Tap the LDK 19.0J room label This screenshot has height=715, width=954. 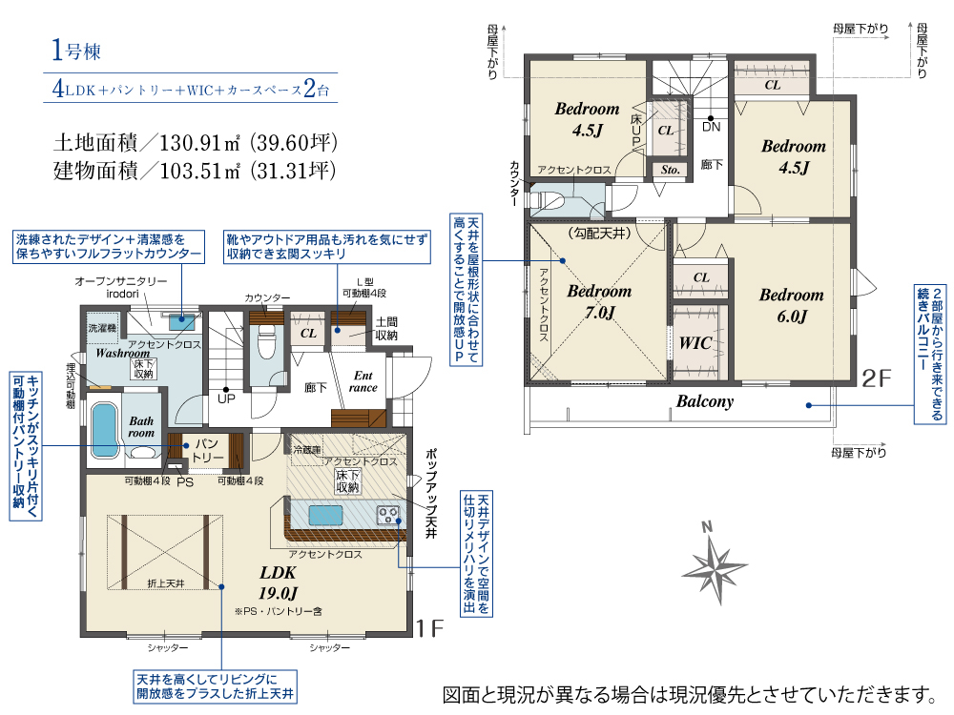[278, 582]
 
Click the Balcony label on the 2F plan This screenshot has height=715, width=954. [705, 401]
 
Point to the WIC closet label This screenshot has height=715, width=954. [695, 343]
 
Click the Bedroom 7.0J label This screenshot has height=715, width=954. [599, 301]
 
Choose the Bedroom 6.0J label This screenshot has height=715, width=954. [792, 305]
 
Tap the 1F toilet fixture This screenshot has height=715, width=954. [266, 342]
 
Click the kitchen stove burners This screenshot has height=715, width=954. [388, 516]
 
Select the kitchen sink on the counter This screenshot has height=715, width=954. [325, 515]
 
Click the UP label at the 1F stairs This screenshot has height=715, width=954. [226, 398]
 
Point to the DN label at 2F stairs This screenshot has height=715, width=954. [712, 127]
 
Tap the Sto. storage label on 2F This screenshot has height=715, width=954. [671, 170]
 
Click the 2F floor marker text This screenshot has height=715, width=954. [876, 378]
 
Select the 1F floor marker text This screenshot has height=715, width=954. [430, 628]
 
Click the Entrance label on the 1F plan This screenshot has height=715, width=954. [363, 382]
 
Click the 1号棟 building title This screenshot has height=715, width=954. [76, 50]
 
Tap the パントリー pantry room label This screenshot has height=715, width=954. [207, 451]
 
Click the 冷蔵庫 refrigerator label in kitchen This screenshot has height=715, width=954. [306, 450]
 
